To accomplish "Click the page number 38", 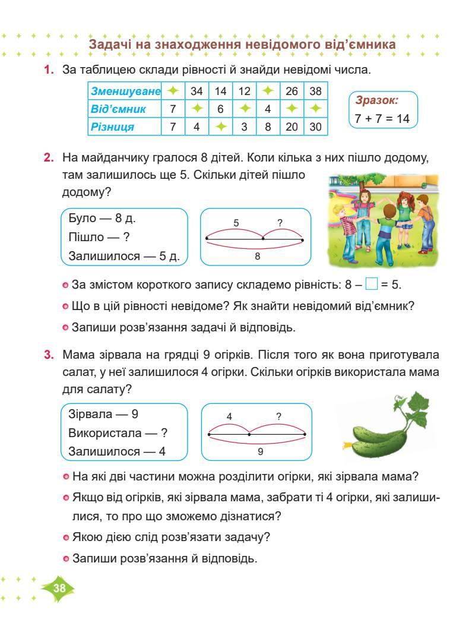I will [59, 588].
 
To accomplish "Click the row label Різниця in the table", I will [112, 127].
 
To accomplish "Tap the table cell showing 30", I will [315, 127].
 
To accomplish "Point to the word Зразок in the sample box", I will [376, 101].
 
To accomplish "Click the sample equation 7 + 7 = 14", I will [382, 119].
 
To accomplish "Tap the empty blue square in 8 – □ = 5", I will [371, 284].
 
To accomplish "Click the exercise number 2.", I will [49, 159].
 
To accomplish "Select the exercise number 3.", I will [49, 355].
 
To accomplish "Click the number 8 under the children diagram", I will [257, 256].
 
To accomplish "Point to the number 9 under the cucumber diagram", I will [261, 451].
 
